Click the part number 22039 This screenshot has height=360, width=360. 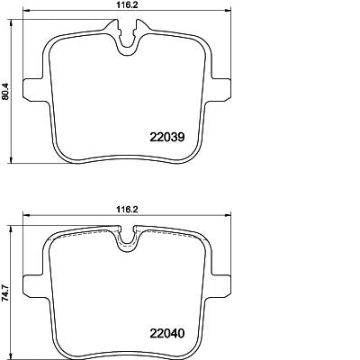tap(166, 137)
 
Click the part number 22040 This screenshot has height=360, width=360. tap(166, 333)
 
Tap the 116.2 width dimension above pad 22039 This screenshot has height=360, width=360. tap(126, 4)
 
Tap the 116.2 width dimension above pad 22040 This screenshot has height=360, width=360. tap(126, 210)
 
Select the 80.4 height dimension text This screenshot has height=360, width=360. tap(5, 92)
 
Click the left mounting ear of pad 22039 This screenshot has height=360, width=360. tap(34, 90)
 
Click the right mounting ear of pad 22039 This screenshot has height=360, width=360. tap(220, 90)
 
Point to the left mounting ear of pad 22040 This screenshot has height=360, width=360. tap(34, 286)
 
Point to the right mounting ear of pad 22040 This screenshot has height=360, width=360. tap(220, 286)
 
